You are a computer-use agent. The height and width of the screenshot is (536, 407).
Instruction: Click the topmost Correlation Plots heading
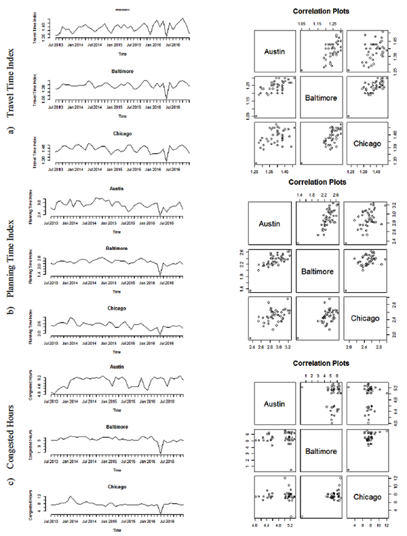coord(319,12)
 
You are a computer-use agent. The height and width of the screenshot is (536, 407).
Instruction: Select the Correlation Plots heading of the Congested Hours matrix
coord(319,363)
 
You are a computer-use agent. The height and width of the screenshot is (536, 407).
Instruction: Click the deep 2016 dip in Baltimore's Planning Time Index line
coord(161,274)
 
